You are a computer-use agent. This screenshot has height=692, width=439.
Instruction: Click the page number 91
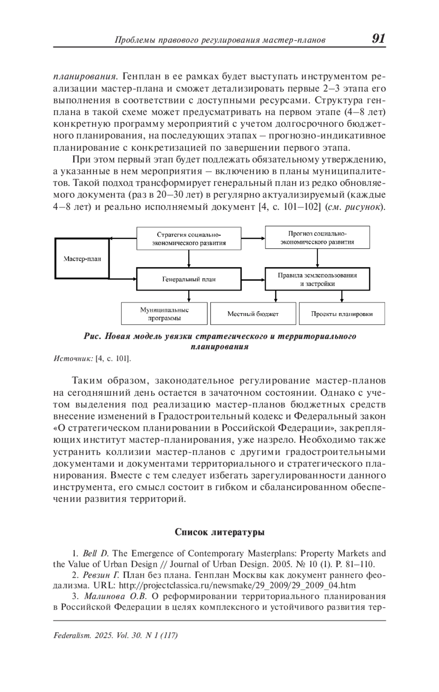(x=378, y=38)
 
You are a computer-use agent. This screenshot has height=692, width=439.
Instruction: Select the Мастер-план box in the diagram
(x=82, y=259)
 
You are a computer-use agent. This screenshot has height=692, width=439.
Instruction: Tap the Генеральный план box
(x=189, y=279)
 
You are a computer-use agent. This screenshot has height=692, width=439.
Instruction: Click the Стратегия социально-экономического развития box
(x=189, y=238)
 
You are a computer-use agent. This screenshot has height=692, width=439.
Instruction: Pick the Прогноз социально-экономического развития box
(x=317, y=237)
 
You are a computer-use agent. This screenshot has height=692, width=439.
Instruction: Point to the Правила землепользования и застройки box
(x=317, y=279)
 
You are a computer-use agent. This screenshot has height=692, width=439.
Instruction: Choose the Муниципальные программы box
(x=164, y=313)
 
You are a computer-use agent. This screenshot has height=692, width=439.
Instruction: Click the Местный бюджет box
(x=253, y=313)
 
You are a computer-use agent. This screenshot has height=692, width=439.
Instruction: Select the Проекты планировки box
(x=342, y=313)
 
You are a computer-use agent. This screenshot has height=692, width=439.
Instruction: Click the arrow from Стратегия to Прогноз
(x=253, y=238)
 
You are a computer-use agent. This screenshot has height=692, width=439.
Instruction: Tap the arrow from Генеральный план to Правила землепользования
(x=253, y=279)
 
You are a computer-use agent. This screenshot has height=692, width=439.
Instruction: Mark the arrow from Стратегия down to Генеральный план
(x=189, y=259)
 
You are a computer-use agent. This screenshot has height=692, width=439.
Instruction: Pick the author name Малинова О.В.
(x=115, y=596)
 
